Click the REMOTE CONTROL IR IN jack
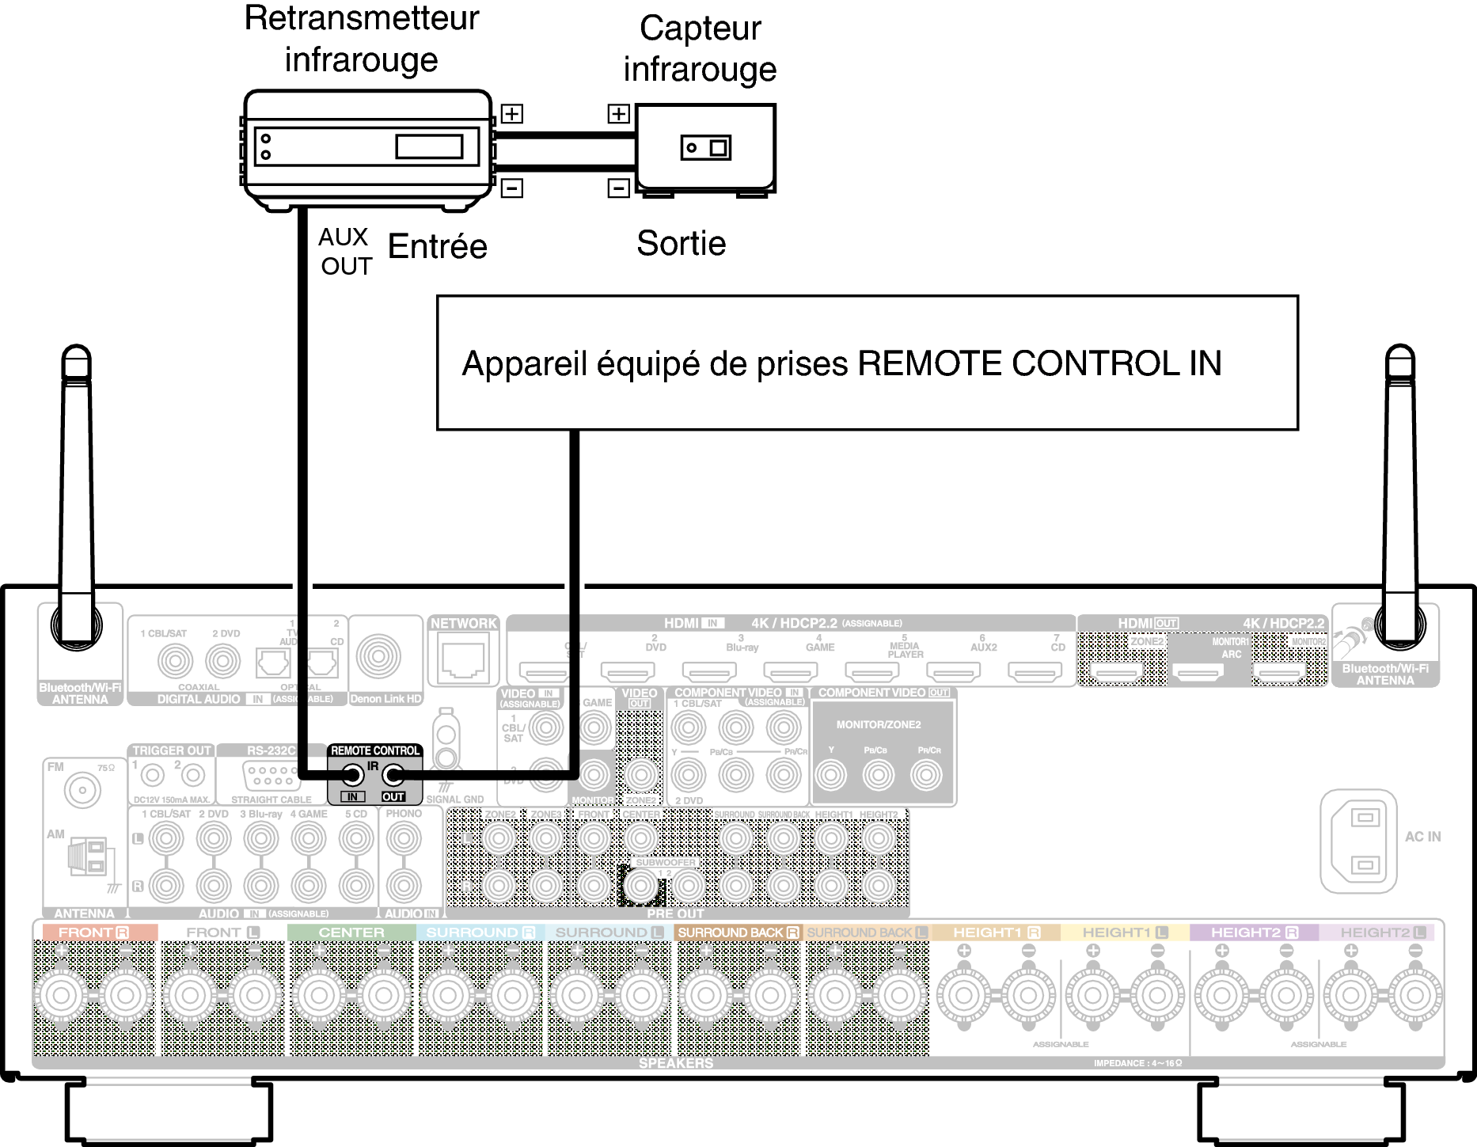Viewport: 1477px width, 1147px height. point(352,775)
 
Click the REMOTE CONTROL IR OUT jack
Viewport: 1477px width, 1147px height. point(393,775)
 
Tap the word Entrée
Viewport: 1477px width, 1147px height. point(437,246)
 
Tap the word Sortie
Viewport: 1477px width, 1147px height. point(681,243)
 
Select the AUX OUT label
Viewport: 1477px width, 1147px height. point(345,252)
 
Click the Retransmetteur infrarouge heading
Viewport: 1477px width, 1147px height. point(361,39)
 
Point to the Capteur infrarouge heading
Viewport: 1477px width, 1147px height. point(700,48)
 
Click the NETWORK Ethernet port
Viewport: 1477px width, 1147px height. point(463,659)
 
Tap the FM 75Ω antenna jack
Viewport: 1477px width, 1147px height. point(82,789)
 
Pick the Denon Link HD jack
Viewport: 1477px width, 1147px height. point(378,655)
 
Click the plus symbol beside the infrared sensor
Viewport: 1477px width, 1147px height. point(618,114)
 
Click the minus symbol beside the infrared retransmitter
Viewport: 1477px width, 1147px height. point(512,188)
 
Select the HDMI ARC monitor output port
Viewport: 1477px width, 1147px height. point(1198,673)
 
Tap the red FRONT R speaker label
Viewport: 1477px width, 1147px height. point(93,932)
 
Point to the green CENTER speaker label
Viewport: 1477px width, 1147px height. point(351,932)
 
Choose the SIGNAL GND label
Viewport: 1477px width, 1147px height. point(455,799)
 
